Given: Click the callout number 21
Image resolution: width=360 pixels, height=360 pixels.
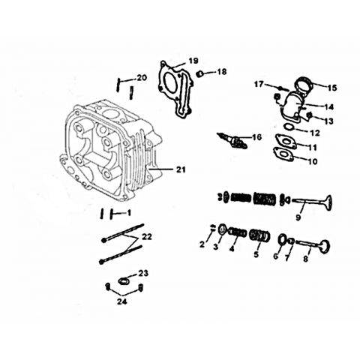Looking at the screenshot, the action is click(181, 169).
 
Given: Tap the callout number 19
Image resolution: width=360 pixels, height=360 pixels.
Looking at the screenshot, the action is click(193, 61).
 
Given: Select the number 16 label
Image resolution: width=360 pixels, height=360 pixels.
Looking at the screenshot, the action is click(256, 137).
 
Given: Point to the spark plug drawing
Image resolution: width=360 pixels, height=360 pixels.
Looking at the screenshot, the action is click(232, 141).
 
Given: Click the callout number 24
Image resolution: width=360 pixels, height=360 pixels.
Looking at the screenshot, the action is click(122, 301).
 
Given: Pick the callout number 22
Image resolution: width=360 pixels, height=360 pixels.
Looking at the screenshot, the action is click(147, 236).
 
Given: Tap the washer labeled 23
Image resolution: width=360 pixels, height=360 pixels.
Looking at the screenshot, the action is click(123, 281).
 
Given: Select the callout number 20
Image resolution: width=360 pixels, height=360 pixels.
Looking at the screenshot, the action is click(142, 78).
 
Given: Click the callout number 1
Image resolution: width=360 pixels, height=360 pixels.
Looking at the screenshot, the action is click(129, 213).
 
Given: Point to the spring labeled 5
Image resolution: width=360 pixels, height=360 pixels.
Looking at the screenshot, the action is click(260, 236).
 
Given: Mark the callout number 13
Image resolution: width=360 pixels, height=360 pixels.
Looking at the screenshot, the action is click(328, 121).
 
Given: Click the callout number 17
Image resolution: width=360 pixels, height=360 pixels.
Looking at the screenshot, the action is click(259, 85).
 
